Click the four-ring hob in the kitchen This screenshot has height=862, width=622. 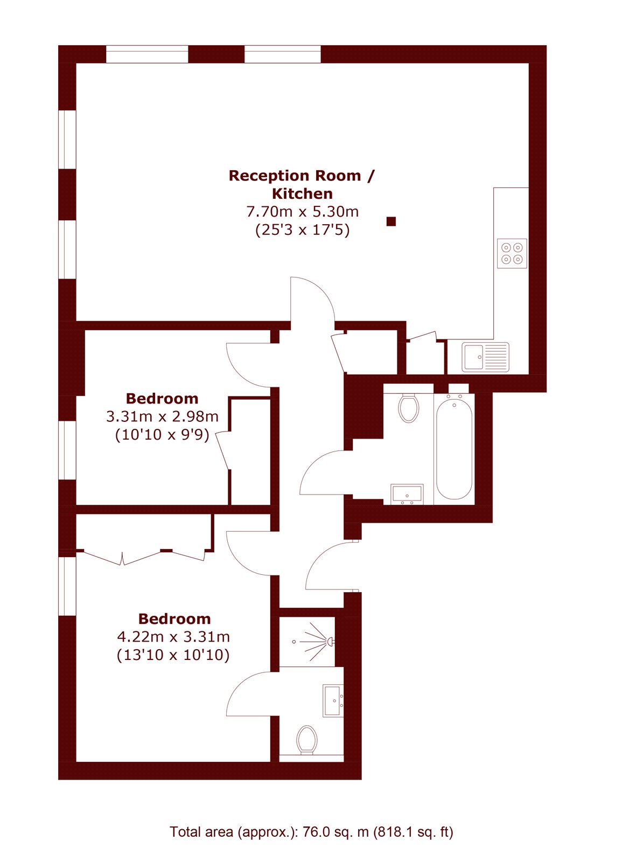[x=512, y=253]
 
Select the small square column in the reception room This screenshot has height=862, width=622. [x=391, y=221]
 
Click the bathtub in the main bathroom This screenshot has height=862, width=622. [x=454, y=449]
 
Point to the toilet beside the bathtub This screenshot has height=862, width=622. [x=409, y=407]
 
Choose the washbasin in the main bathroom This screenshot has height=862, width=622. [x=407, y=495]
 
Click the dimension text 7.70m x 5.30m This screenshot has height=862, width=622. [x=302, y=212]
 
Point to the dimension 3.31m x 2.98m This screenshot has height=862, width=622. [x=162, y=416]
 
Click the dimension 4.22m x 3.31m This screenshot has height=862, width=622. [x=173, y=637]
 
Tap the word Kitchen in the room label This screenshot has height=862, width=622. [x=302, y=193]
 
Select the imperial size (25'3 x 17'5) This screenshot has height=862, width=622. [x=303, y=230]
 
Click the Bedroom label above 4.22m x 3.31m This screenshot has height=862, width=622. [x=174, y=619]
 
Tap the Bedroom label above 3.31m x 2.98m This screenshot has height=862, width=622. [x=162, y=398]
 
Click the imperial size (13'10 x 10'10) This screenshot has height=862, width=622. [x=173, y=655]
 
